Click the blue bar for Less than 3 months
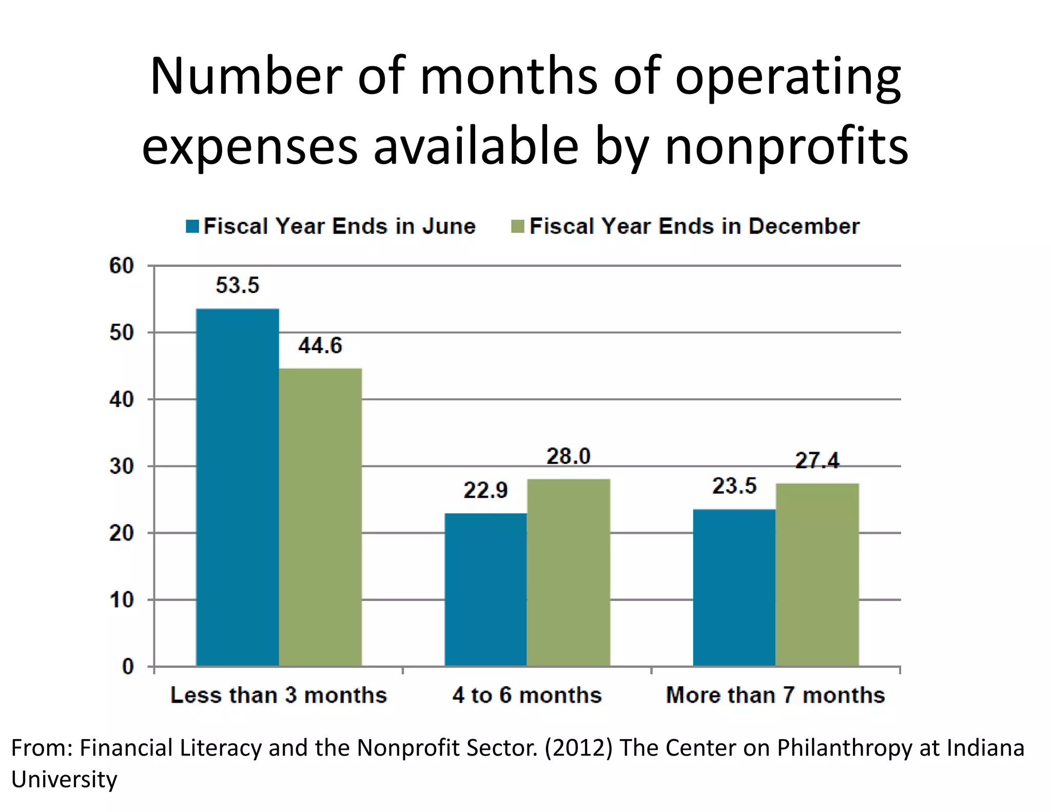coord(238,488)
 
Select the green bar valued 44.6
coord(320,517)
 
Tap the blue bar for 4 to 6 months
coord(485,590)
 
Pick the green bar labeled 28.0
coord(569,572)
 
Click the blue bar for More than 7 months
coord(734,588)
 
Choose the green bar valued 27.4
coord(817,575)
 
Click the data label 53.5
coord(238,285)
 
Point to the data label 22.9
coord(485,490)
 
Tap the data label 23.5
coord(734,486)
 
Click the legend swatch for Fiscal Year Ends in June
coord(192,226)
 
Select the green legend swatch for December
coord(518,226)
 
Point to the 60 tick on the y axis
coord(122,266)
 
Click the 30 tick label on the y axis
coord(122,467)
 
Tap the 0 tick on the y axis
coord(128,667)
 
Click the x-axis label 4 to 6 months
coord(527,695)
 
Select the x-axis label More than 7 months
coord(775,695)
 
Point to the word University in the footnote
coord(64,779)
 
